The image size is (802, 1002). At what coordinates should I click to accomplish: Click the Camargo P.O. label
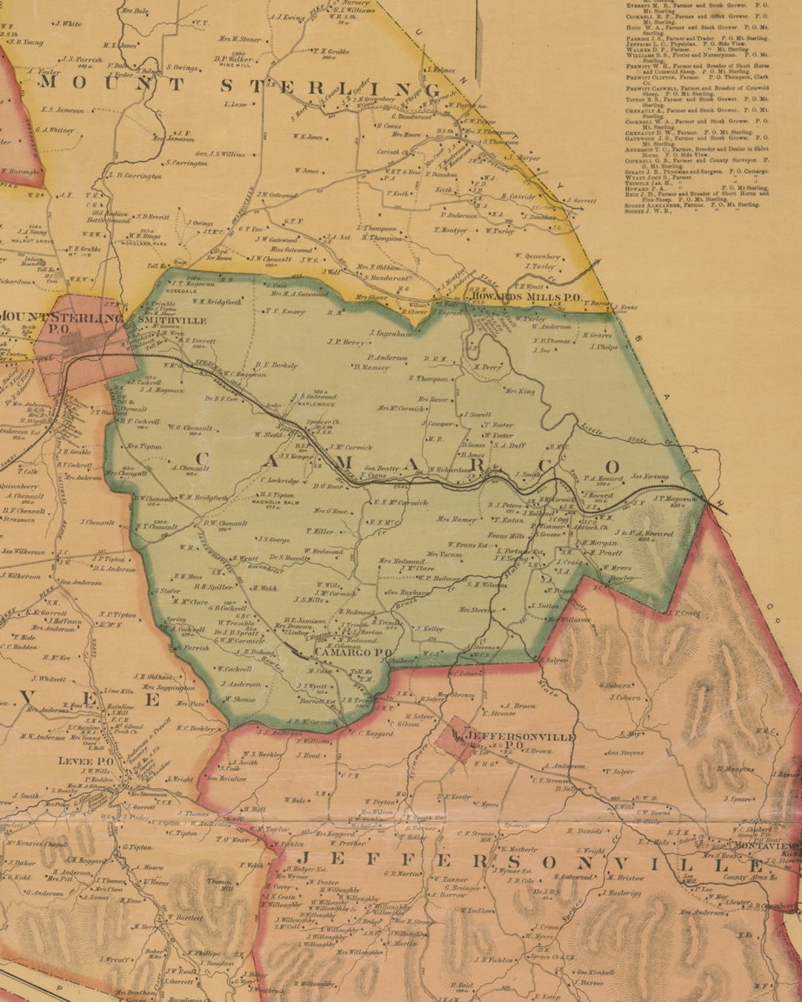coord(342,652)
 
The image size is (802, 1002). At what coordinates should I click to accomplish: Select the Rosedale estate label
coord(184,290)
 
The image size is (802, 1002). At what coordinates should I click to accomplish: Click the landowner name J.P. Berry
coord(345,343)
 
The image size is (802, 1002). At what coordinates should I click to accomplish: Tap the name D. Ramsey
coord(371,367)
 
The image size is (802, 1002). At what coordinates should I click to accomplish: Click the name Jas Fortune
coord(650,477)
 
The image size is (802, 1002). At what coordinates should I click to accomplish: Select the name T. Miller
coord(319,531)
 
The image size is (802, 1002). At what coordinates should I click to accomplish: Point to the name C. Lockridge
coord(279,481)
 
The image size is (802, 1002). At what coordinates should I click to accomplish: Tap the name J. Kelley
coord(428,629)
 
